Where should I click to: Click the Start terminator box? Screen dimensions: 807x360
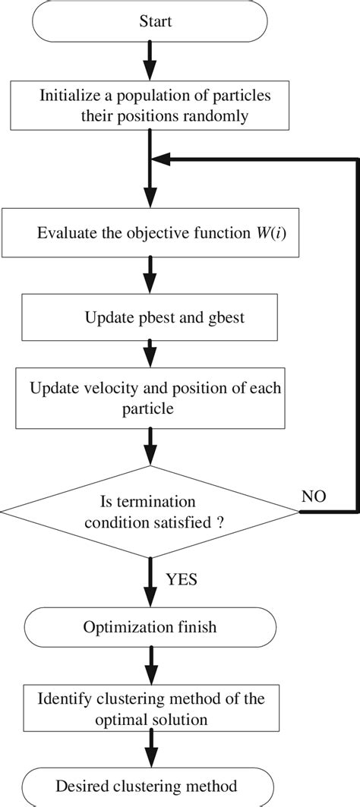coord(150,22)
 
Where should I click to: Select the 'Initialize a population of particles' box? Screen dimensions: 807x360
coord(150,106)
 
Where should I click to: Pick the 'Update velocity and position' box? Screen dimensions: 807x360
coord(150,399)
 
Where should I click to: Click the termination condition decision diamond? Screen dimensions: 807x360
coord(150,512)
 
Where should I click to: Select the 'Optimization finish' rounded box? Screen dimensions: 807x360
coord(150,627)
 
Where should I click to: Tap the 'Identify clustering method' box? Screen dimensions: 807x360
coord(150,705)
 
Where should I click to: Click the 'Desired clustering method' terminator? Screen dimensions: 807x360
coord(150,786)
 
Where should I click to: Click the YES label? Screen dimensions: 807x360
coord(182,579)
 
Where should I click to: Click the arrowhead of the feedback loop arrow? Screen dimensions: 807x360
coord(161,159)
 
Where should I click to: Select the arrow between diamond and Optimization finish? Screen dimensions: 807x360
coord(150,581)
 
